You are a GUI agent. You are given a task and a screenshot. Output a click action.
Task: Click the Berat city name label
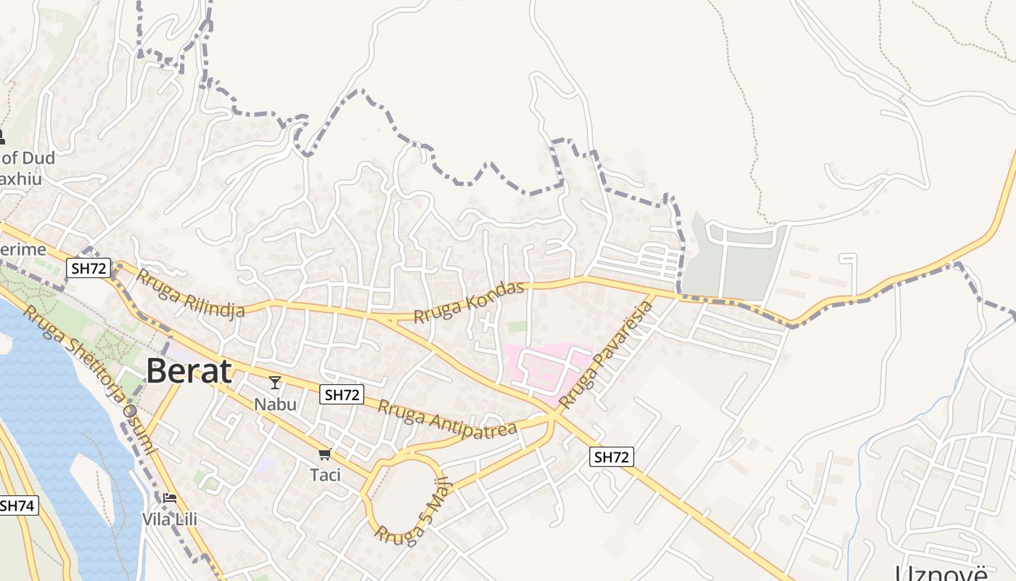click(x=189, y=371)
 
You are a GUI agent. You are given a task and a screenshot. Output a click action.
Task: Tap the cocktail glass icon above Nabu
click(x=275, y=382)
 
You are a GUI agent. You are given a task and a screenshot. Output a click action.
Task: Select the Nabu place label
click(x=275, y=403)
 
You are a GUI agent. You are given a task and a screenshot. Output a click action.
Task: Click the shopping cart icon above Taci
click(x=324, y=455)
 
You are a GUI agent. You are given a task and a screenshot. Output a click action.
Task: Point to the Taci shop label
click(x=324, y=475)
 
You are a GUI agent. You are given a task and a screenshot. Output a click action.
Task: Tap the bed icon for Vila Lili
click(x=170, y=498)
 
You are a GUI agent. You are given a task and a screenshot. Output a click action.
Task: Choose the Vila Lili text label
click(x=170, y=519)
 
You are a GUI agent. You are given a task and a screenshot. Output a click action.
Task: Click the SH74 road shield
click(x=17, y=505)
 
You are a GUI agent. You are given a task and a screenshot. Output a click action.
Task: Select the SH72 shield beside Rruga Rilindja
click(x=88, y=268)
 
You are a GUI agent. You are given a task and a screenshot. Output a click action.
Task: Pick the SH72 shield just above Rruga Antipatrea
click(x=342, y=394)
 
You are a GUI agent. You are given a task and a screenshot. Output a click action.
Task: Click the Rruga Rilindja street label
click(x=191, y=293)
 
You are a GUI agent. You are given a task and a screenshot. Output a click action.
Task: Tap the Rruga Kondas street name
click(x=469, y=303)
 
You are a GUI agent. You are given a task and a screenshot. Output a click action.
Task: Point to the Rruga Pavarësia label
click(x=607, y=353)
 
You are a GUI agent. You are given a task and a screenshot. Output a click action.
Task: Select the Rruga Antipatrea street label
click(x=447, y=418)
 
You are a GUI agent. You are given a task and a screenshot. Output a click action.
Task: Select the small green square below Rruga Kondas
click(x=517, y=327)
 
